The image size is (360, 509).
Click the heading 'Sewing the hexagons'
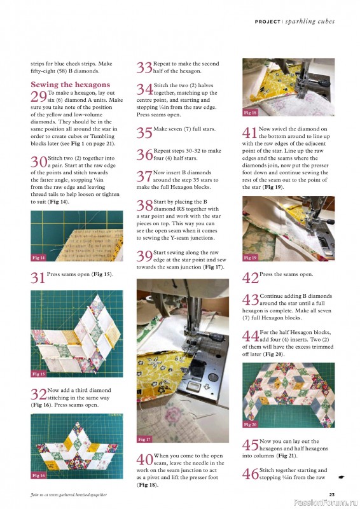70,85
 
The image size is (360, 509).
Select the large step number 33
144,67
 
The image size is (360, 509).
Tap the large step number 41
250,132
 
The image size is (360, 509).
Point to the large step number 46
250,473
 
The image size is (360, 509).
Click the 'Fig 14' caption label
39,258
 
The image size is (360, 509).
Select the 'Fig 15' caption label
39,374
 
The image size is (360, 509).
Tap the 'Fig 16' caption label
39,475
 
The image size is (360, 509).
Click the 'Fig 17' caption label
145,439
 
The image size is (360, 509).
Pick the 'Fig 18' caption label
251,113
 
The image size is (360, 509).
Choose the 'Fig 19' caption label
251,258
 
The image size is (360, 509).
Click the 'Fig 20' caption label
251,424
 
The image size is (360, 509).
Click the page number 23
331,494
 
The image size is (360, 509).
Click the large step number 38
144,205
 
